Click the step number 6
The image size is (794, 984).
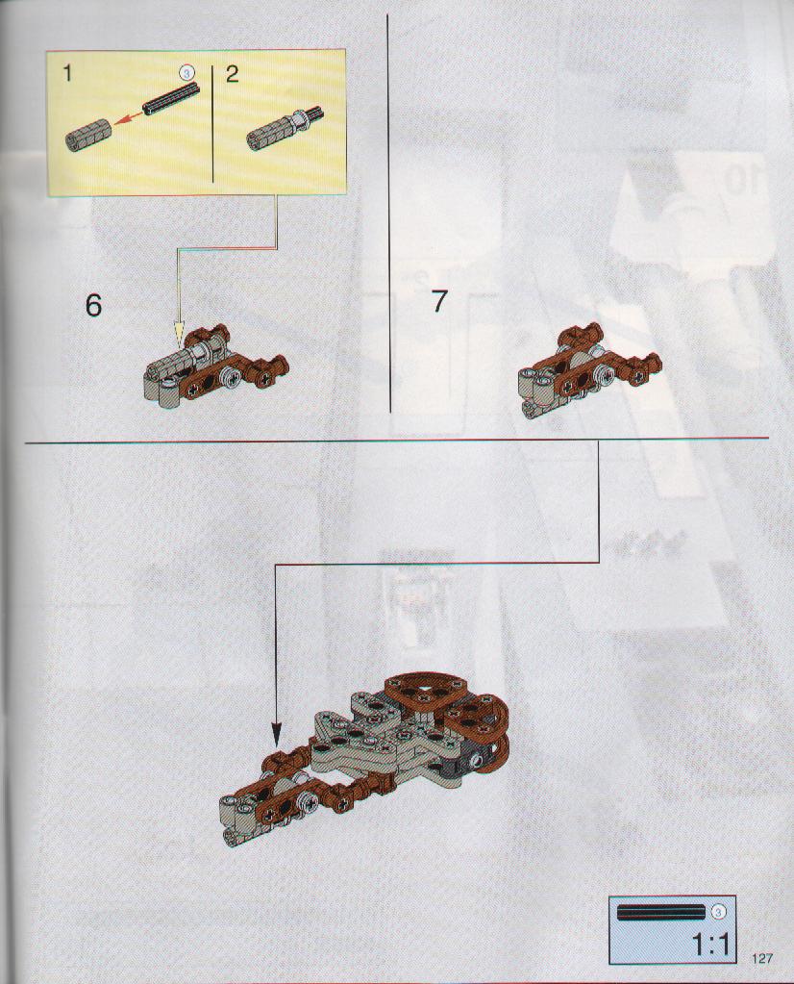coord(93,306)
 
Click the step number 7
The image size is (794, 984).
coord(439,301)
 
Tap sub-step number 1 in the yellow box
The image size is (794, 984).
coord(67,74)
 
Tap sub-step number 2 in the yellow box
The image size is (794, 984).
coord(232,74)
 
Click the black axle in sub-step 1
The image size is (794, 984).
coord(170,98)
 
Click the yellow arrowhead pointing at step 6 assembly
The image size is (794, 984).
coord(180,335)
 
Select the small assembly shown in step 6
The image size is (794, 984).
coord(215,366)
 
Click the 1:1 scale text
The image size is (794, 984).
coord(713,944)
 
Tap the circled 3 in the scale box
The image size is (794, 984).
coord(719,911)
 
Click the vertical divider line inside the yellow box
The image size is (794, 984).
coord(213,123)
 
